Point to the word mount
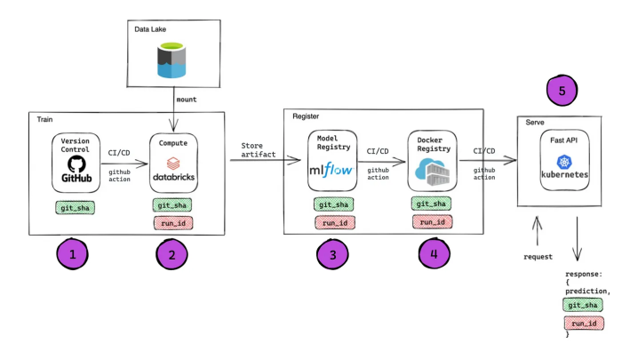tap(185, 99)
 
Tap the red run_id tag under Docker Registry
tap(433, 222)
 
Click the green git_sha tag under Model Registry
tap(331, 205)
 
